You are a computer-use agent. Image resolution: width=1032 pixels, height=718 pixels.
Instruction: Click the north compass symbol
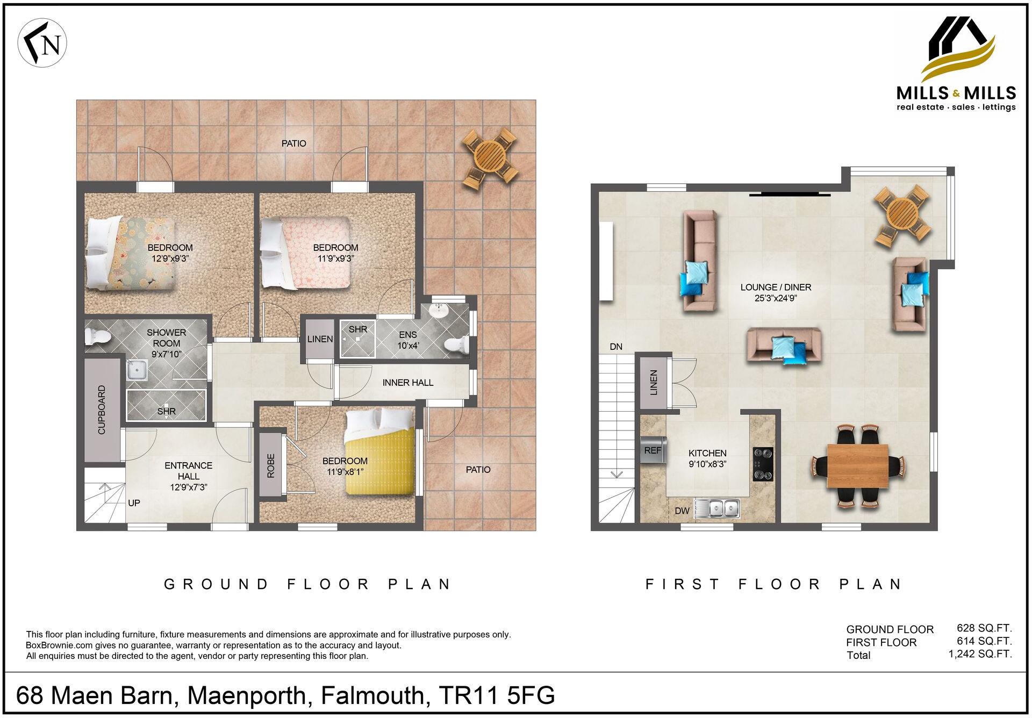pos(42,44)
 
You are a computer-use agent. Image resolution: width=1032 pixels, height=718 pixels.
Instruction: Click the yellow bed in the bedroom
pos(380,454)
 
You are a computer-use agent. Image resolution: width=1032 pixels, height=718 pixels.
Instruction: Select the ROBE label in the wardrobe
pos(271,465)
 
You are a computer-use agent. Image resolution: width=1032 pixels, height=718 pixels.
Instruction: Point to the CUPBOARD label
pos(102,410)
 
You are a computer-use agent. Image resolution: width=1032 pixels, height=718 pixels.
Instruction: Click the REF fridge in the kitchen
pos(653,450)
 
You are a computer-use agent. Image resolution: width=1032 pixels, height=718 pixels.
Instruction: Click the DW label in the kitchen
pos(682,511)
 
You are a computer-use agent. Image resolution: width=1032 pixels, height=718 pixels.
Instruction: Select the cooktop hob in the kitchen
pos(763,464)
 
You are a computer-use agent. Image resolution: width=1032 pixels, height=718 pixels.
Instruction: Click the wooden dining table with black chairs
pos(858,465)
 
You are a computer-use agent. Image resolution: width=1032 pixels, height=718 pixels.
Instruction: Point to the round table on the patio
pos(490,156)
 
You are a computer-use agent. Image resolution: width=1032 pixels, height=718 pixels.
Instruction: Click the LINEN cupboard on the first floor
pos(653,382)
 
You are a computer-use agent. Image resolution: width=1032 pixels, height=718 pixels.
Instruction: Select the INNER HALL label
pos(407,383)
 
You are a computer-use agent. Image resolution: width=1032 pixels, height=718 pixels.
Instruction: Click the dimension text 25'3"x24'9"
pos(775,299)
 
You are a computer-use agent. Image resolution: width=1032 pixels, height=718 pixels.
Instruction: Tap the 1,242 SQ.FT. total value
pos(980,654)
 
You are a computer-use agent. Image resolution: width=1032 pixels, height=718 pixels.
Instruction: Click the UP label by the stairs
pos(134,503)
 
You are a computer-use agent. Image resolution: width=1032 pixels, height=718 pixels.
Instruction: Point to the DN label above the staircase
pos(616,347)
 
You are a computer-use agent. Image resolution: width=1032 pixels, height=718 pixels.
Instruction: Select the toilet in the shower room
pos(97,338)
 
